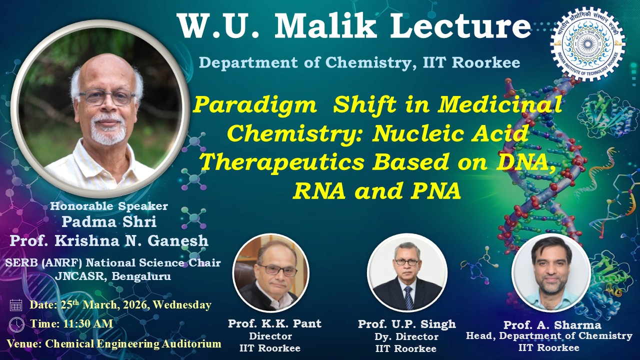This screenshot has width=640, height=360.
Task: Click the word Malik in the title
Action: (325, 26)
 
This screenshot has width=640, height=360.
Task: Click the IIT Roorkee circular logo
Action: (587, 44)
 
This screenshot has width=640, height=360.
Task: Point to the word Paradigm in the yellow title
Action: (255, 104)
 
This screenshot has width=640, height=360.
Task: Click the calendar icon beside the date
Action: (16, 305)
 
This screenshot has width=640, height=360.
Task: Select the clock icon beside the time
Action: (16, 324)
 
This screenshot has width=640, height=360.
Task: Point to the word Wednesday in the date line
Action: (182, 305)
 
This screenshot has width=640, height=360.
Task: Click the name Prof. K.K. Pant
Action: (274, 323)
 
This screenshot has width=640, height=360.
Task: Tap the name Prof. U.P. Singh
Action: (407, 324)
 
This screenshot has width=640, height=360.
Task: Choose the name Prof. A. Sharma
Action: (552, 324)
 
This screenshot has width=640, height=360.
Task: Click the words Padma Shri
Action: (109, 221)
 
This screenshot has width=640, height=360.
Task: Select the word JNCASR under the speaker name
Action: (79, 276)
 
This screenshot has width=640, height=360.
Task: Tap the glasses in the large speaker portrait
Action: (107, 97)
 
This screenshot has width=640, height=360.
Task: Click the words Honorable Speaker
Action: (109, 206)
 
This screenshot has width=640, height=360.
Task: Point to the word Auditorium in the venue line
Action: (191, 343)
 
